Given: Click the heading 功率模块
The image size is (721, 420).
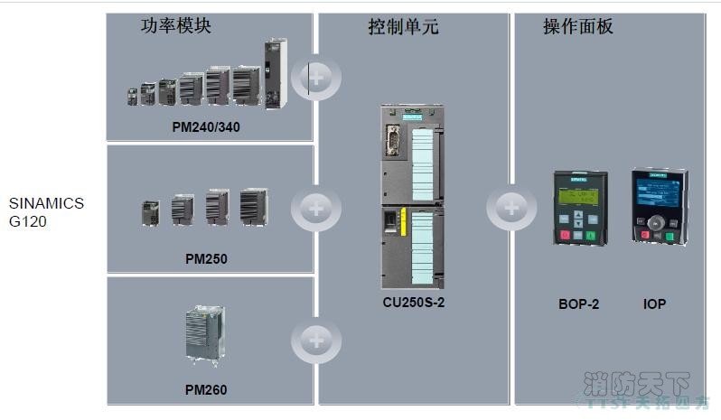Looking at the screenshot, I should [x=175, y=26].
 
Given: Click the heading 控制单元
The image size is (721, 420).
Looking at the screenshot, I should [x=403, y=27].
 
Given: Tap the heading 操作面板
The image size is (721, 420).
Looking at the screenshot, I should [x=578, y=26].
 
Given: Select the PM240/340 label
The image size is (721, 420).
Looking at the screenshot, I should [x=206, y=127].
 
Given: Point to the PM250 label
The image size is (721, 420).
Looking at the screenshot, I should [x=206, y=259].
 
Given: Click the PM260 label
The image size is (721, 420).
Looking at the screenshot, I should [x=206, y=390].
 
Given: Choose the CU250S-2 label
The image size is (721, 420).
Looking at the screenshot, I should [x=414, y=303].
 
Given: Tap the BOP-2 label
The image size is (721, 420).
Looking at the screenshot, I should [x=578, y=304].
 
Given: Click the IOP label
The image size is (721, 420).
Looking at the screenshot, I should [x=654, y=304].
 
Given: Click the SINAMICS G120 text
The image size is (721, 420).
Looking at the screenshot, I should [x=46, y=212].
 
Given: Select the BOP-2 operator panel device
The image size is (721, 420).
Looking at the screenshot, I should [x=578, y=208].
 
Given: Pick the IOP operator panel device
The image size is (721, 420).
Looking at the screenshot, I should [x=659, y=206].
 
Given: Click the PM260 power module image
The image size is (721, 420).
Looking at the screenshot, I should [x=205, y=334].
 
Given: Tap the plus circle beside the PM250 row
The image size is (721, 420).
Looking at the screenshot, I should [x=315, y=209].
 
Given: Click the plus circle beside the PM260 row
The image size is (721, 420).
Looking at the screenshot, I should [x=315, y=341].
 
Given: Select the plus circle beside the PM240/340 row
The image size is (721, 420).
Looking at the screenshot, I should [x=317, y=78].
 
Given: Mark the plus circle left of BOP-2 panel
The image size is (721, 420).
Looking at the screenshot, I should [x=511, y=209].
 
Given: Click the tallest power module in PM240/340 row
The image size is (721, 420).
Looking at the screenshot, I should [x=275, y=73].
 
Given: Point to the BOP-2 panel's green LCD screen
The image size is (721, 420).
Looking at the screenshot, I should [x=578, y=196].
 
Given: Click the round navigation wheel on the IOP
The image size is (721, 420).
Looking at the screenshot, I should [x=660, y=222].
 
